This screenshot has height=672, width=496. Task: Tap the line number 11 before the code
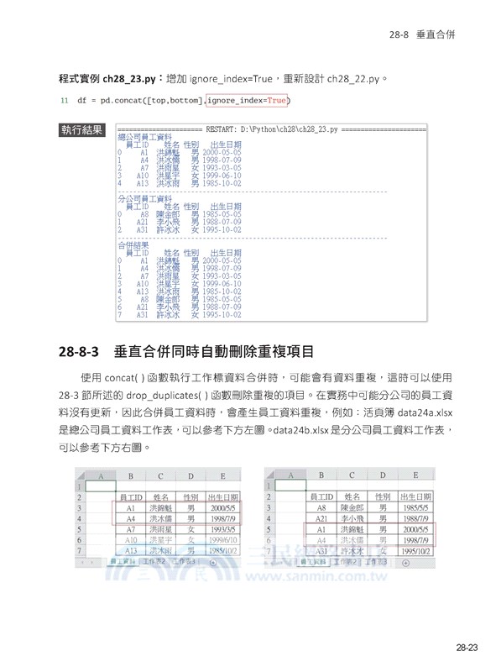[x=64, y=102]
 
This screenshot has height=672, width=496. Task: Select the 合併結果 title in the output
[x=133, y=244]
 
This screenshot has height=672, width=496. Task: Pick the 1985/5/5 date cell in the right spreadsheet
[x=415, y=508]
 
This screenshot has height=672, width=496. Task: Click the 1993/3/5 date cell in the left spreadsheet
[x=223, y=530]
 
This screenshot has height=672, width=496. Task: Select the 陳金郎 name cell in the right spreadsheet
[x=352, y=508]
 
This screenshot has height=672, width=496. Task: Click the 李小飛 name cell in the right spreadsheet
[x=352, y=519]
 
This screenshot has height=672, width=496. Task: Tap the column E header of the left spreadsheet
[x=223, y=475]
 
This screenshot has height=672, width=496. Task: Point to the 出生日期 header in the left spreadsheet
[x=223, y=497]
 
